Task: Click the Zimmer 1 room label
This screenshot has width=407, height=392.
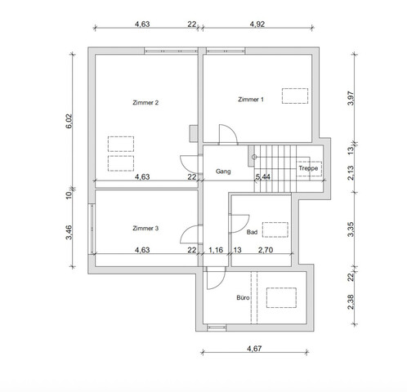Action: (250, 99)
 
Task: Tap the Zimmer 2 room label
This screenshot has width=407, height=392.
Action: (145, 103)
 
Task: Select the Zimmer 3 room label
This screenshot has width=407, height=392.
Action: (145, 228)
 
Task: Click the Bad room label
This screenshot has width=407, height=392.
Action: (251, 232)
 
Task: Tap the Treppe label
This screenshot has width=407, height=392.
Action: (308, 168)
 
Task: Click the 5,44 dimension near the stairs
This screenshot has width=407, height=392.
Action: (263, 176)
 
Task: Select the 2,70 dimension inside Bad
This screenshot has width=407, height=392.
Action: (266, 251)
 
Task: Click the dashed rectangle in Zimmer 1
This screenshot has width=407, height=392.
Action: (293, 96)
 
